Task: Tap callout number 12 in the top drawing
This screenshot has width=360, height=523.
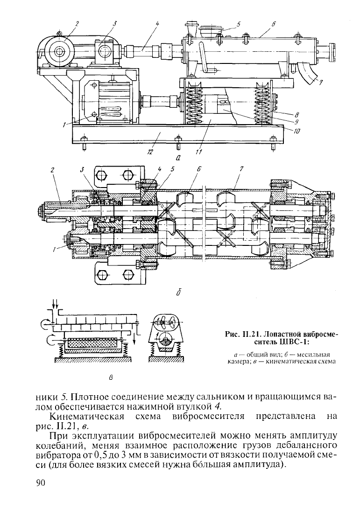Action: (149, 152)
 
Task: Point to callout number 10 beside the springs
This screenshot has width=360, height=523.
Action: (296, 131)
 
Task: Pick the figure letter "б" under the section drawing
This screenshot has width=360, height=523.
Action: (179, 293)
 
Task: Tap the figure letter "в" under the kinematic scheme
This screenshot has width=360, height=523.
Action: (112, 378)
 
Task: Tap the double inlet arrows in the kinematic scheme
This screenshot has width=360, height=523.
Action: (55, 304)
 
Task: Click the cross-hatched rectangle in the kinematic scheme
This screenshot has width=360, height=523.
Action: (92, 342)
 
